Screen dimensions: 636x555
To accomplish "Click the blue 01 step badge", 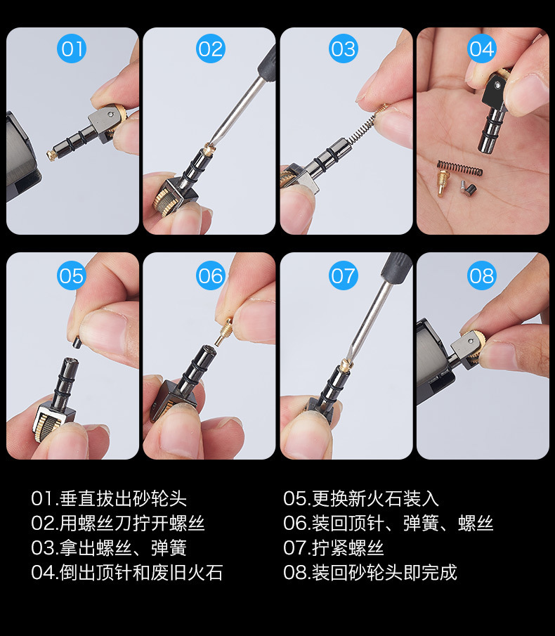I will pos(72,49).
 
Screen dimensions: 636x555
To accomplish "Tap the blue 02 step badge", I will pos(209,49).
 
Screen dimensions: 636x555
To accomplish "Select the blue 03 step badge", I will pos(344,49).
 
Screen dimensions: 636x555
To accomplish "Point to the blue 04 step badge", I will pos(482,49).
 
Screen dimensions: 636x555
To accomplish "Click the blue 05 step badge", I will pos(72,275).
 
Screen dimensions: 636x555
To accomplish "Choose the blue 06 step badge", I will pos(209,275).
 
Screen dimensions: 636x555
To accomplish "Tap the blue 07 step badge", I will pos(344,275).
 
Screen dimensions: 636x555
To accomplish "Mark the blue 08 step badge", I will pos(482,275).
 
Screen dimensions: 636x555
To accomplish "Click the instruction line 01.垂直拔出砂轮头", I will pos(109,499).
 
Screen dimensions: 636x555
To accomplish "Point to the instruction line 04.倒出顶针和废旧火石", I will pos(126,573).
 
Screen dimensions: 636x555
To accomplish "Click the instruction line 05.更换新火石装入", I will pos(361,499).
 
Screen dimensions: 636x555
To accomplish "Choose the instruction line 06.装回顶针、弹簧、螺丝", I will pos(388,524).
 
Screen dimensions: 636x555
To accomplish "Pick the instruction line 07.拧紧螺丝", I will pos(334,548).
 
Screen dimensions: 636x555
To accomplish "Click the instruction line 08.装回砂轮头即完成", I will pos(370,573).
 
